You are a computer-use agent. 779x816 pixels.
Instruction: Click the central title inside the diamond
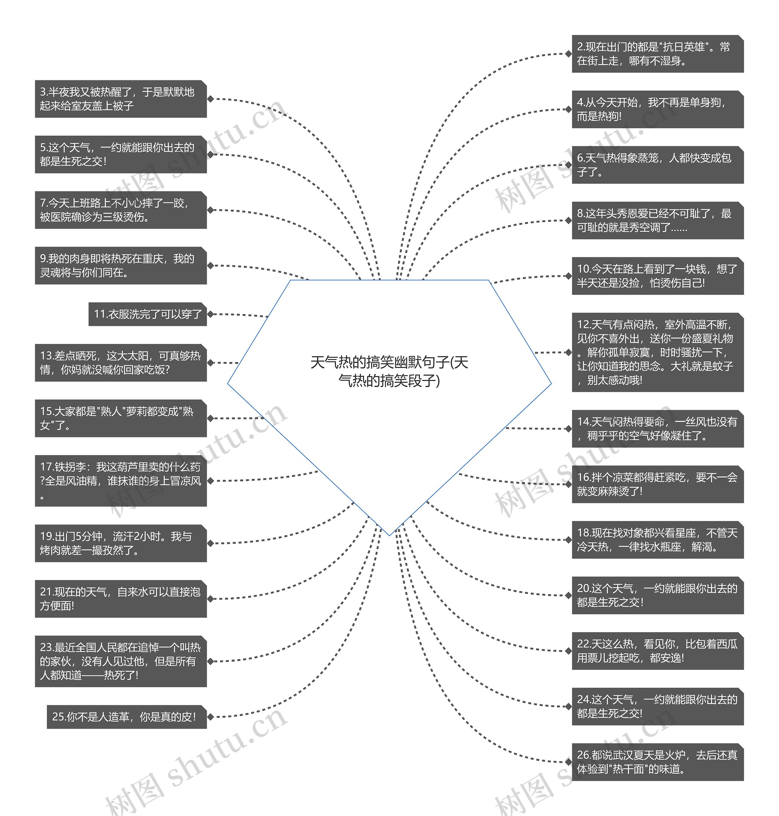[389, 371]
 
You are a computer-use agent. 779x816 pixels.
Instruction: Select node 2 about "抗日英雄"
[657, 54]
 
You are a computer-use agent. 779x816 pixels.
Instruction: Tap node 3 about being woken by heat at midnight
[121, 99]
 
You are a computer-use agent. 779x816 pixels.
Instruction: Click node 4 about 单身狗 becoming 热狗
[657, 109]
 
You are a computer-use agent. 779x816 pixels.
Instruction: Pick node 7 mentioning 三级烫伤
[121, 210]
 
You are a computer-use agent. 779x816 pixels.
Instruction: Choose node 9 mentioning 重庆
[121, 266]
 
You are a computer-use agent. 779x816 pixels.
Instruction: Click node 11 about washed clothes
[147, 314]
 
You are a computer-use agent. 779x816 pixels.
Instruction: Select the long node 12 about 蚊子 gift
[657, 352]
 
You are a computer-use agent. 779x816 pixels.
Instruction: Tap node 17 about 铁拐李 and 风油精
[121, 481]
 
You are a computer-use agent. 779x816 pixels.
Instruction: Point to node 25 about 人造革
[127, 717]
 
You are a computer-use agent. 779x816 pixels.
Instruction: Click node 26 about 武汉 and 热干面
[657, 762]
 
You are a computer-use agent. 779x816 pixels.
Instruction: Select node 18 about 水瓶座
[657, 540]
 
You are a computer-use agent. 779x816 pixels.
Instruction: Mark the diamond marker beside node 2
[568, 54]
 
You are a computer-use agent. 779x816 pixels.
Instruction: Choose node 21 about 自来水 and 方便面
[121, 599]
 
